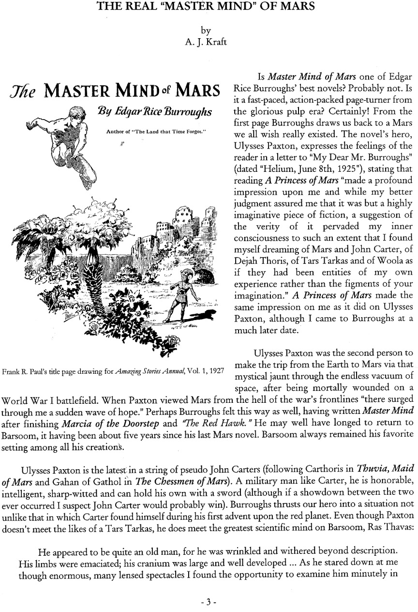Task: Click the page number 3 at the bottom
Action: [x=209, y=602]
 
